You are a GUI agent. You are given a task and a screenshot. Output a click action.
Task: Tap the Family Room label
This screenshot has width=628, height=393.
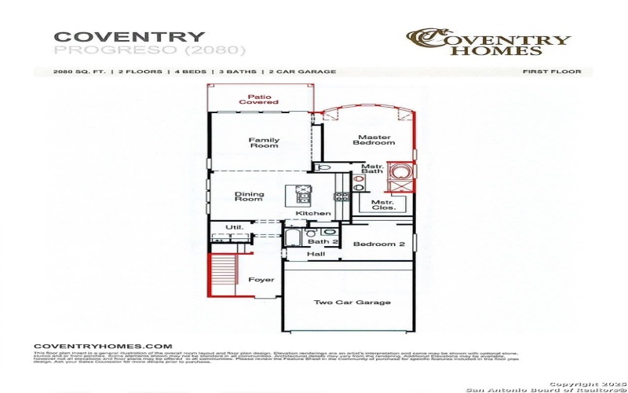pyautogui.click(x=264, y=143)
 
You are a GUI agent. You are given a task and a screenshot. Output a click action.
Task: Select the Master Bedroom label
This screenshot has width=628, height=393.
pyautogui.click(x=374, y=139)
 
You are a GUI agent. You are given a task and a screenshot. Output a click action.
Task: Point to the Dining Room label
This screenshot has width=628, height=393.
pyautogui.click(x=249, y=196)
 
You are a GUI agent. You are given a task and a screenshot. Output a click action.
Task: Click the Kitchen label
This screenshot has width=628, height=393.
pyautogui.click(x=313, y=214)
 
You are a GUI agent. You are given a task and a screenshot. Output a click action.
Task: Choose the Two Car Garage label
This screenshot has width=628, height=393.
pyautogui.click(x=341, y=303)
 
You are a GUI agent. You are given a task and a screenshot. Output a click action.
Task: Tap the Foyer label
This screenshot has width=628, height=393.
pyautogui.click(x=261, y=280)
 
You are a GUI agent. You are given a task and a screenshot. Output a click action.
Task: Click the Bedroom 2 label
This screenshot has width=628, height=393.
pyautogui.click(x=378, y=244)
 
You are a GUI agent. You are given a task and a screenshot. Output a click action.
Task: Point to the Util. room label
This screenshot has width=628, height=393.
pyautogui.click(x=234, y=227)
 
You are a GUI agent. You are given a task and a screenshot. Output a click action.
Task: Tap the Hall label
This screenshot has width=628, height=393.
pyautogui.click(x=316, y=255)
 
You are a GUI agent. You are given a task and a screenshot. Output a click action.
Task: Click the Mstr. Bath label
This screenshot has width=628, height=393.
pyautogui.click(x=371, y=169)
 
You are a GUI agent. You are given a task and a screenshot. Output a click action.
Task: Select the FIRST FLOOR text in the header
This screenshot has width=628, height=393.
pyautogui.click(x=552, y=72)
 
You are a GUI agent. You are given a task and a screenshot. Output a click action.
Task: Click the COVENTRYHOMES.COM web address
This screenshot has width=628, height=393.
pyautogui.click(x=103, y=346)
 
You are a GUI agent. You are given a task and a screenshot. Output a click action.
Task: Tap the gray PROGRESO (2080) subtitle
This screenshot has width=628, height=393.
pyautogui.click(x=149, y=50)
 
